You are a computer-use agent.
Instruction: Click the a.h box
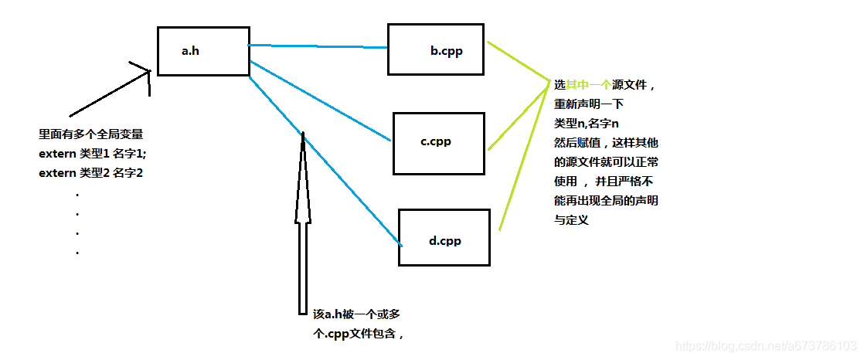click(x=203, y=52)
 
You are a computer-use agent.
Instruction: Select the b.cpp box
click(x=437, y=49)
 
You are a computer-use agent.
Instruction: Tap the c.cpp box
click(x=439, y=143)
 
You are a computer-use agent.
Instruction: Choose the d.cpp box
click(x=444, y=238)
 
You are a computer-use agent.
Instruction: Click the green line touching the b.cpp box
click(x=518, y=61)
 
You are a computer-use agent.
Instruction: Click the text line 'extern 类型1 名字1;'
click(x=92, y=154)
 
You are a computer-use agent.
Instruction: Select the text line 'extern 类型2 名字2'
click(x=91, y=173)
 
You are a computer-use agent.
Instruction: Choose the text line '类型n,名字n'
click(x=587, y=123)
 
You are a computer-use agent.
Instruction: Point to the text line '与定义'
click(x=571, y=219)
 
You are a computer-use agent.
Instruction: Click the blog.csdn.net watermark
click(x=765, y=345)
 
